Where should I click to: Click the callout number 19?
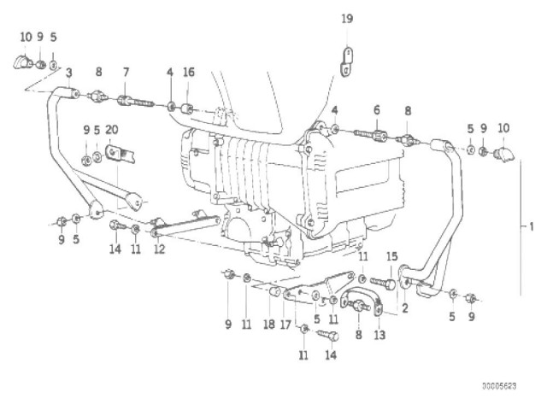[346, 18]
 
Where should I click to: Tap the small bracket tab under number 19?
[345, 62]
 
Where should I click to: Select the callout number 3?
[68, 72]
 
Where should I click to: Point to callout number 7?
[126, 72]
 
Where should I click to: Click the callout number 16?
[189, 72]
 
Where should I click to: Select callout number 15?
[392, 256]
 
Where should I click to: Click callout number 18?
[268, 325]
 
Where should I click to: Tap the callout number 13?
[379, 336]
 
